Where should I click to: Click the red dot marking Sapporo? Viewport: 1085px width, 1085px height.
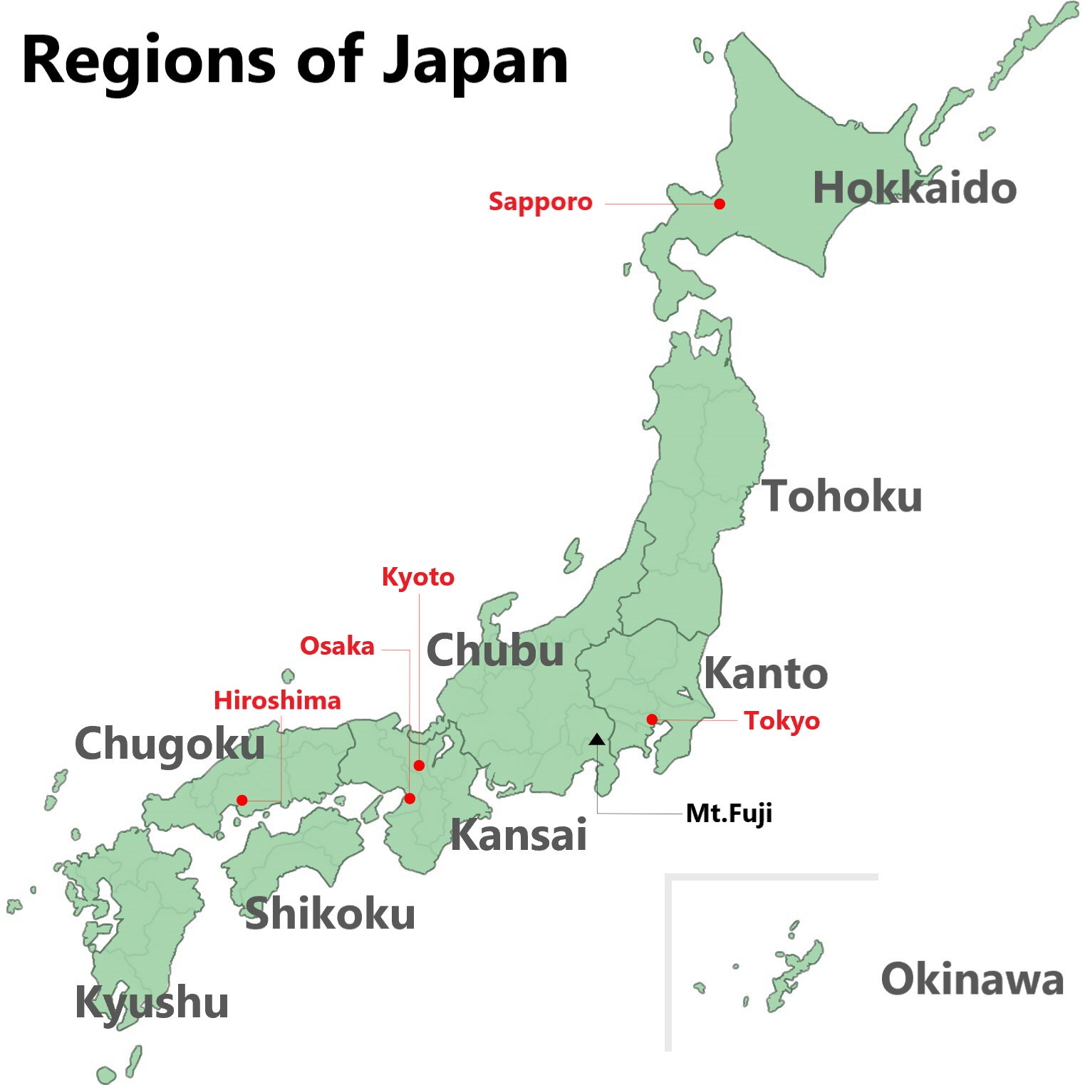point(720,204)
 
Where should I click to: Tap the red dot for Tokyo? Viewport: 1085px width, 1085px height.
point(652,720)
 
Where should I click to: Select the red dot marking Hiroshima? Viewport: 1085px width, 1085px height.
point(242,800)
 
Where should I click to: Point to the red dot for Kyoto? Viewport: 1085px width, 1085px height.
point(419,765)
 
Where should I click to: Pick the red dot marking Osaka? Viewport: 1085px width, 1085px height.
point(410,799)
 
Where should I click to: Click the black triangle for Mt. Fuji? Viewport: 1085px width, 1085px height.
point(597,739)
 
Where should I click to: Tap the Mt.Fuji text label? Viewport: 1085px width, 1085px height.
point(729,814)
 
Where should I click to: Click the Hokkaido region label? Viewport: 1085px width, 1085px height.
point(914,188)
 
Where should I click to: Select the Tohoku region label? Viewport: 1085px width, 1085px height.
point(842,496)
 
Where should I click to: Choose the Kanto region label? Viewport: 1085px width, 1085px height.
point(766,673)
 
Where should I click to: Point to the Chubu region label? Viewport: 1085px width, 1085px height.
point(495,650)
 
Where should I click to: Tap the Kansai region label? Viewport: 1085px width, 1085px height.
point(519,835)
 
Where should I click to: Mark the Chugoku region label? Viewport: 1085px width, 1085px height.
point(170,744)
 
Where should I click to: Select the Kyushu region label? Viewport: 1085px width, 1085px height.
point(152,1003)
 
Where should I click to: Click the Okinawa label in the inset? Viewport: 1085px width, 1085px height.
point(972,979)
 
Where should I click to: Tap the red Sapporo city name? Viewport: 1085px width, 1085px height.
point(540,202)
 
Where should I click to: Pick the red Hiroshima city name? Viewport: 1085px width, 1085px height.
point(277,700)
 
